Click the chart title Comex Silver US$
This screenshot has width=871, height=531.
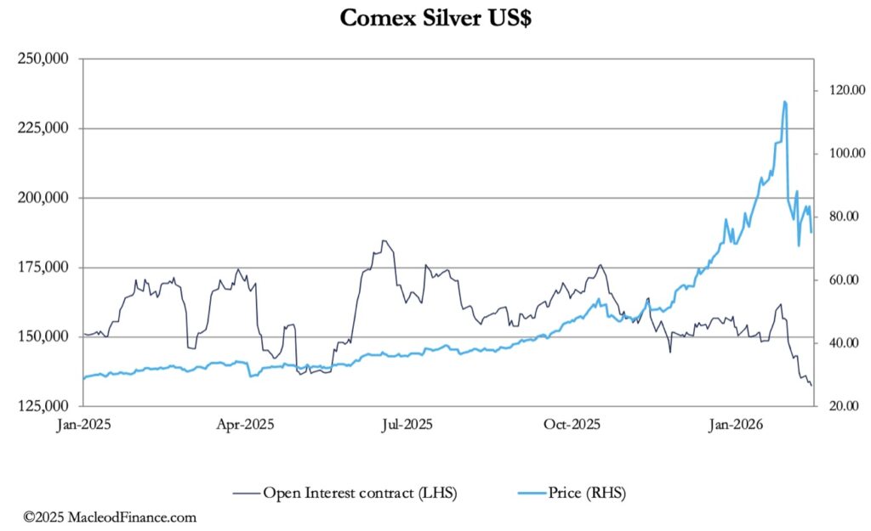(435, 18)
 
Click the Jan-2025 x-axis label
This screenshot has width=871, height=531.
(85, 423)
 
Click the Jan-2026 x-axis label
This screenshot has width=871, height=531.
(736, 423)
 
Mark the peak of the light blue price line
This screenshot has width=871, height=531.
(784, 101)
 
